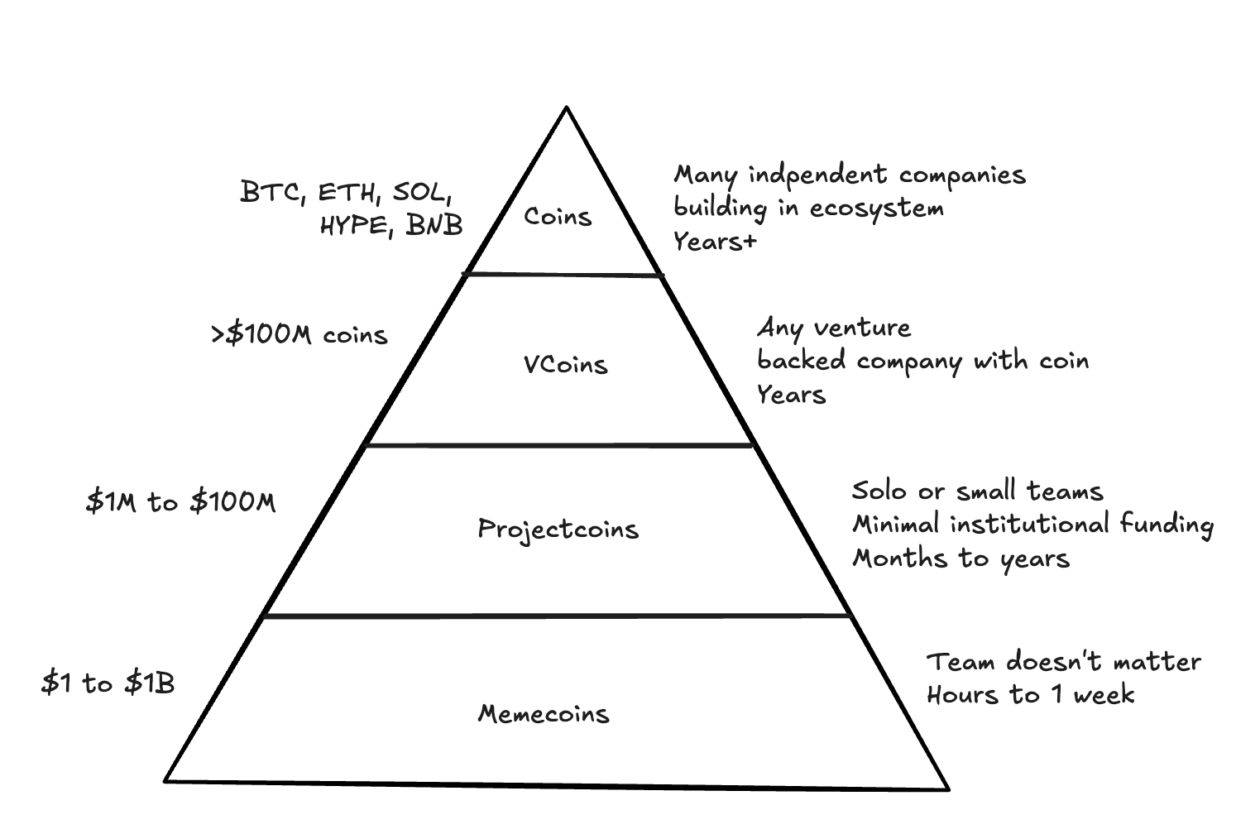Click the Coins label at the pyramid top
(558, 217)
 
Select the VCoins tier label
(566, 364)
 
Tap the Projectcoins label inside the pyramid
(558, 530)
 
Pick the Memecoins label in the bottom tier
(544, 713)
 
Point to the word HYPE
(355, 224)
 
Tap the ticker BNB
(434, 224)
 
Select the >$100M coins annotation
(299, 335)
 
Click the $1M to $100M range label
(181, 501)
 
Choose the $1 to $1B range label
(108, 683)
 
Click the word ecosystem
(877, 208)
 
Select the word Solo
(879, 491)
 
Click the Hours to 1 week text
(1030, 695)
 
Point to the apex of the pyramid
(567, 108)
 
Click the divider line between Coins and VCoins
(563, 274)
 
